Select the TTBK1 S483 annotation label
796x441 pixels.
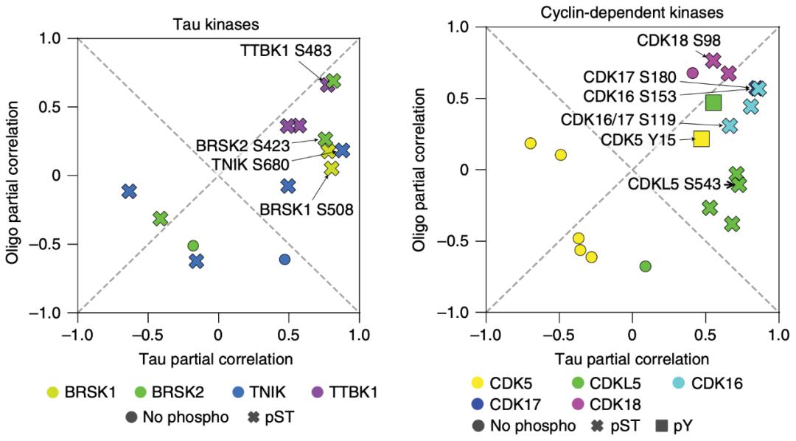click(286, 51)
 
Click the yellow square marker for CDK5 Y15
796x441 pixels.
click(702, 138)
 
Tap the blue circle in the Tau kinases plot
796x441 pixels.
click(284, 259)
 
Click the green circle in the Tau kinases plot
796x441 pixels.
click(193, 246)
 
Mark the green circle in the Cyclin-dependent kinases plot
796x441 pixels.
click(646, 265)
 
